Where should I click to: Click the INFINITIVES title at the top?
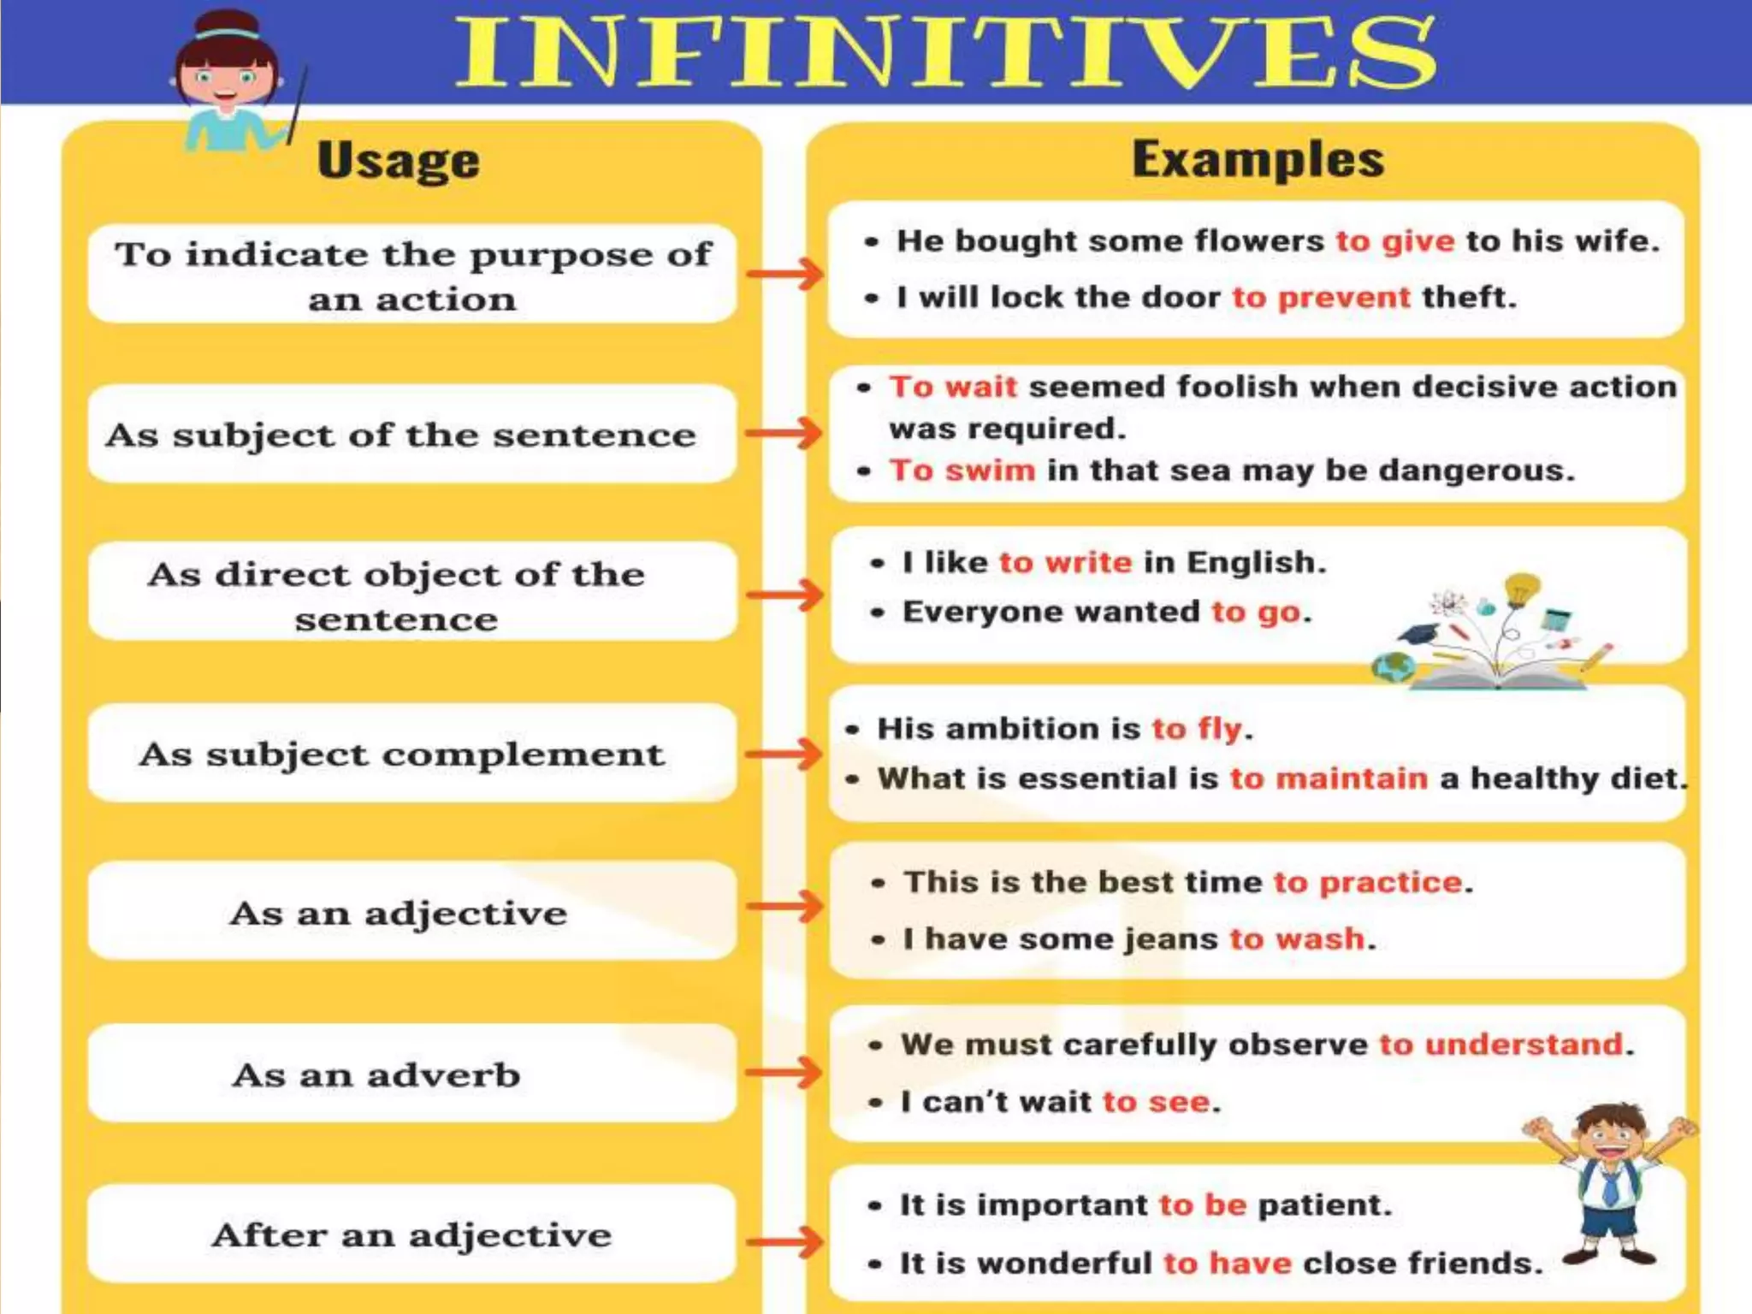pyautogui.click(x=945, y=53)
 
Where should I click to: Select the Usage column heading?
pyautogui.click(x=399, y=161)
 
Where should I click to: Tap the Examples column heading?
pyautogui.click(x=1258, y=159)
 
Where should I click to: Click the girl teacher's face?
pyautogui.click(x=226, y=81)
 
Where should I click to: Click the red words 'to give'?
pyautogui.click(x=1394, y=241)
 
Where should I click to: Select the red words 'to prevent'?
pyautogui.click(x=1321, y=297)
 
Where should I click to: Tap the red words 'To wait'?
pyautogui.click(x=953, y=387)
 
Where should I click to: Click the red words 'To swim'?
pyautogui.click(x=962, y=470)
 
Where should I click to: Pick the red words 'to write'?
pyautogui.click(x=1065, y=562)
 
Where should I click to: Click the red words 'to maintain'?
pyautogui.click(x=1329, y=778)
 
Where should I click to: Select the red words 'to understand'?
pyautogui.click(x=1501, y=1045)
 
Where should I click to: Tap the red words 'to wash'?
pyautogui.click(x=1297, y=938)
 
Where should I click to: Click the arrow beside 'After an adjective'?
pyautogui.click(x=784, y=1242)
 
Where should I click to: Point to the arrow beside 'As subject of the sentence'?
pyautogui.click(x=784, y=433)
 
